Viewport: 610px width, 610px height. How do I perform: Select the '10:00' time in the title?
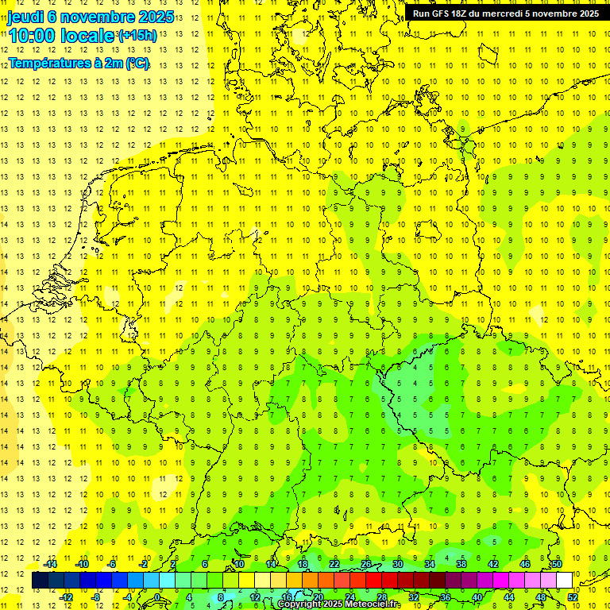click(32, 36)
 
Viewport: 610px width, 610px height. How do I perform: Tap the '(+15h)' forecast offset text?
click(137, 36)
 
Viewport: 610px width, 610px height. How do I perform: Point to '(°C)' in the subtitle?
click(136, 64)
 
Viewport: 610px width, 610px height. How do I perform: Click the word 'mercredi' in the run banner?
click(517, 14)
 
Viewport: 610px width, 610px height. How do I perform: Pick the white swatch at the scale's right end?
click(564, 580)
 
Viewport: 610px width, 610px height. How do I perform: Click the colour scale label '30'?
click(397, 564)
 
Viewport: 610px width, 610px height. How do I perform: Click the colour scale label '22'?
click(334, 564)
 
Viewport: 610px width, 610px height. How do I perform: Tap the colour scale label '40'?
click(477, 596)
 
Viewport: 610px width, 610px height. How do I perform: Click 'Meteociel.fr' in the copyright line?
click(373, 604)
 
